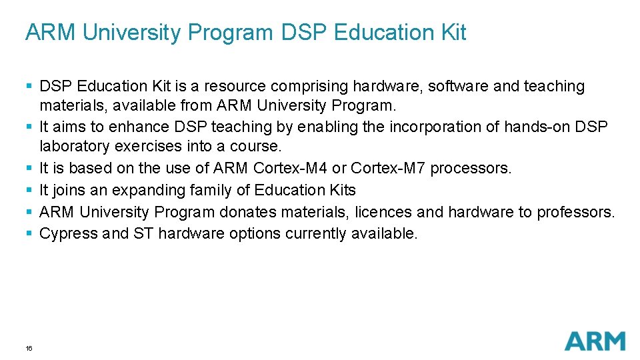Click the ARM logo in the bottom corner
coord(595,341)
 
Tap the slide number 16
coord(29,348)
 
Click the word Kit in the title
coord(452,33)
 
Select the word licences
coord(384,212)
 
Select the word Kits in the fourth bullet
coord(341,190)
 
